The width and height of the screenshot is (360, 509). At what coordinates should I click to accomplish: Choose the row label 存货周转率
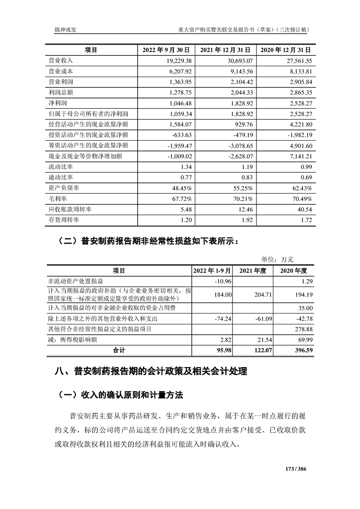tap(64, 220)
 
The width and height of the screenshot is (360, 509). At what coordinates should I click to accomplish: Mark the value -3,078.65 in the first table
tap(239, 146)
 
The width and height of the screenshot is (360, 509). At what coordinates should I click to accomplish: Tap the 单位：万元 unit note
tap(277, 259)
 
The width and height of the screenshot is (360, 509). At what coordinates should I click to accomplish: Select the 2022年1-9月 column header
tap(212, 270)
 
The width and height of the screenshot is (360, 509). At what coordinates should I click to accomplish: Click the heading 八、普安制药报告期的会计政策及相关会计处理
tap(150, 372)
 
